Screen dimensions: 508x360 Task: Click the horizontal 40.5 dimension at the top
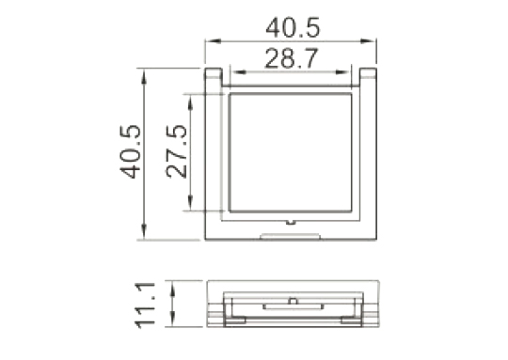click(x=293, y=27)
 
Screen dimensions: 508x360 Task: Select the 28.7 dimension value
click(x=292, y=58)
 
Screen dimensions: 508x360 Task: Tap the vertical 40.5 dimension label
click(x=131, y=151)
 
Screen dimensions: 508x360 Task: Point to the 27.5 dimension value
click(x=177, y=151)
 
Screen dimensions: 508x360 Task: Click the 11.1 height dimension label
click(x=145, y=305)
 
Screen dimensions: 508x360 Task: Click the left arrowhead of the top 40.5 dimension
click(x=214, y=41)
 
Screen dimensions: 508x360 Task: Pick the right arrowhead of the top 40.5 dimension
click(x=368, y=41)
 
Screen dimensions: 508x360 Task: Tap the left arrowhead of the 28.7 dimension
click(x=238, y=71)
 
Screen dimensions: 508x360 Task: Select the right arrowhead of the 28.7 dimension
click(x=343, y=71)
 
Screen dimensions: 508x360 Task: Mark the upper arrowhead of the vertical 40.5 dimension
click(x=144, y=76)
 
